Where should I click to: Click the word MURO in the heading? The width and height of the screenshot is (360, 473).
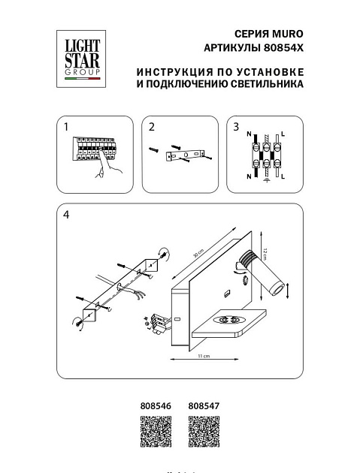point(289,35)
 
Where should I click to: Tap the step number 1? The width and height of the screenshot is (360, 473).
point(67,127)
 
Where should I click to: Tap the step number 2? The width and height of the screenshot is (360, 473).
point(151,127)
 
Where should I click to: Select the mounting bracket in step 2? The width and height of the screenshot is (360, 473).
point(185,155)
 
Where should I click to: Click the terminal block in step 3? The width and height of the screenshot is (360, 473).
point(265,155)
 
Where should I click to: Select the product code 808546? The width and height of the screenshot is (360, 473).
point(156,406)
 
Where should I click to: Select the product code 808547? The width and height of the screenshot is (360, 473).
point(202,406)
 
